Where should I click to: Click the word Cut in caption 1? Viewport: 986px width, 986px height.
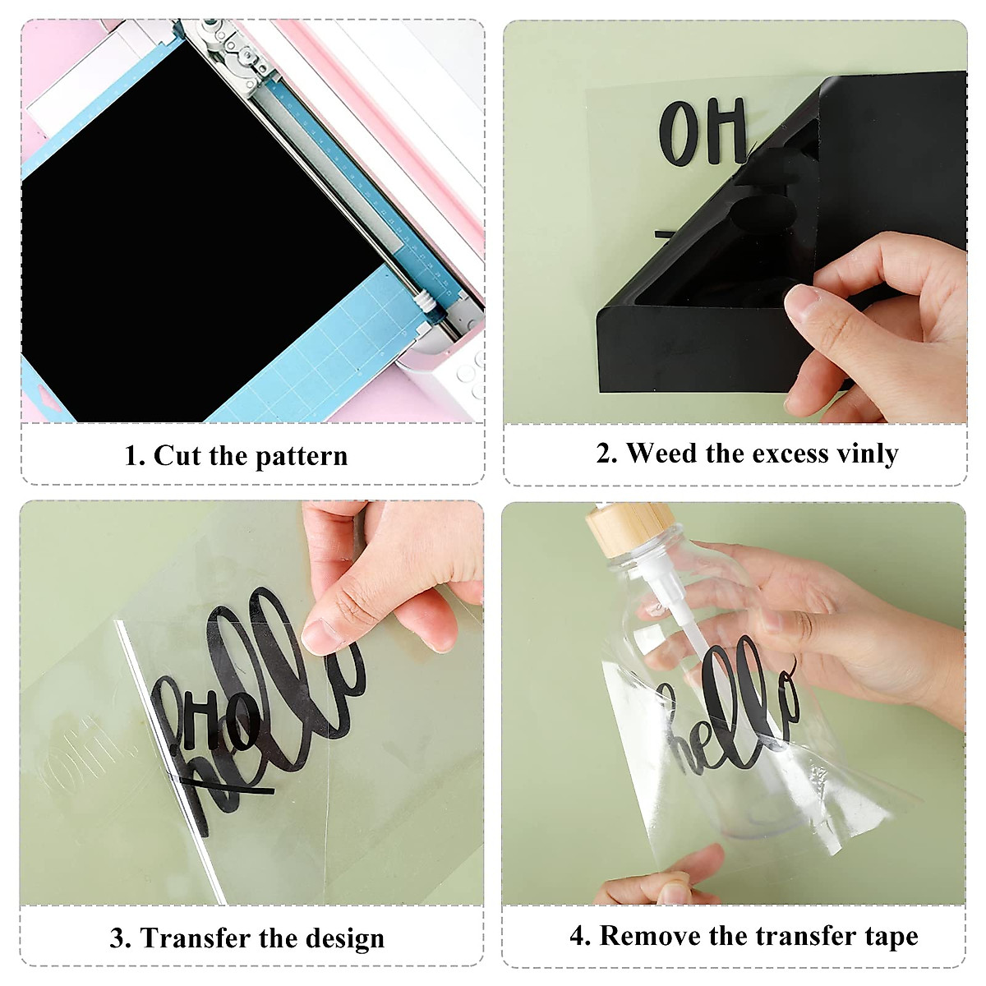177,455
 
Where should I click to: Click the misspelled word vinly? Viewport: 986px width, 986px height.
867,453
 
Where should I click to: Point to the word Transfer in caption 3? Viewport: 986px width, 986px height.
195,938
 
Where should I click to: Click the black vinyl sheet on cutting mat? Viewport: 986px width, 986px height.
181,246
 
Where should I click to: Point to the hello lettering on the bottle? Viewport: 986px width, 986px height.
731,707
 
